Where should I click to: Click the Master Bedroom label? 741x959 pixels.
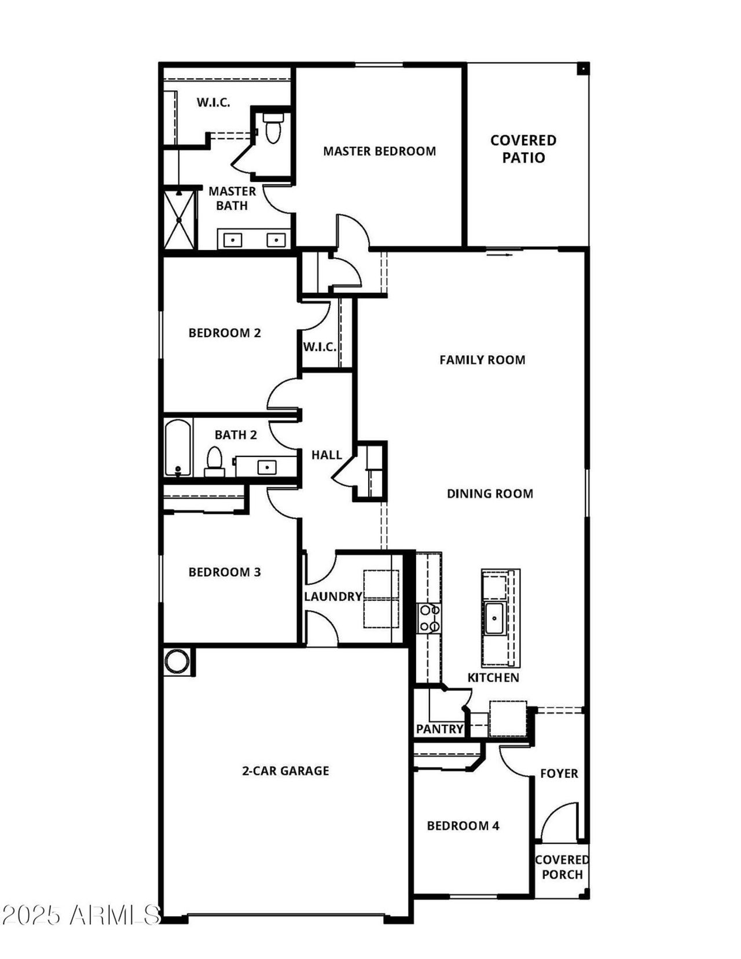pos(379,152)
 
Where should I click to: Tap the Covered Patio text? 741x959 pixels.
pos(523,149)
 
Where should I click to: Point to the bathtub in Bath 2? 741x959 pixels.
pos(178,448)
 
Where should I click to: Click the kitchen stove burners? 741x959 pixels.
pos(429,618)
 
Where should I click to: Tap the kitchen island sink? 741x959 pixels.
pos(496,618)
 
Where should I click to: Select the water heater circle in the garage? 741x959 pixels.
pos(177,662)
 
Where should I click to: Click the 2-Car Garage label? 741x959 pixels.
pos(285,770)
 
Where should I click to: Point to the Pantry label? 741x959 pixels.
pos(440,729)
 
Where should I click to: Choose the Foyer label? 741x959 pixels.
pos(559,773)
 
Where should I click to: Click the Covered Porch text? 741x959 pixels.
pos(562,867)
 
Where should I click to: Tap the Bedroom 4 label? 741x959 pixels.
pos(463,826)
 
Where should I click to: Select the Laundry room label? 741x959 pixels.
pos(333,597)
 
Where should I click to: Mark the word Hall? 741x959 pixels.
pos(327,455)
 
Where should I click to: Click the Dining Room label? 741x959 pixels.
pos(490,493)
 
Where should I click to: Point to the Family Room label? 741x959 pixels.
pos(482,360)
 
